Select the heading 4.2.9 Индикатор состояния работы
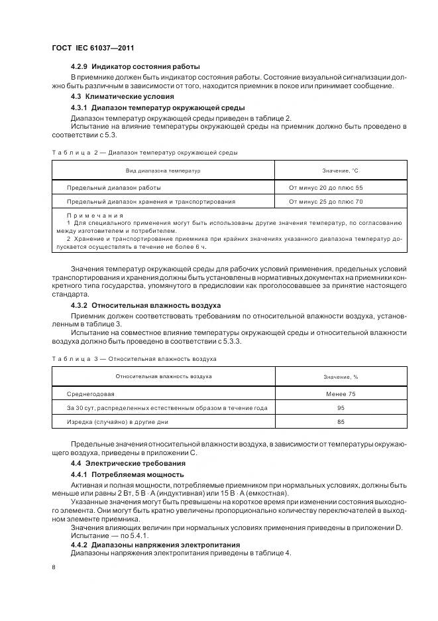click(x=135, y=67)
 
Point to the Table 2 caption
click(x=144, y=153)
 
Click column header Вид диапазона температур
click(x=163, y=171)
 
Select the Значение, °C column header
click(x=340, y=171)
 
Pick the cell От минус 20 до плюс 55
click(x=325, y=188)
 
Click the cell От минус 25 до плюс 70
click(x=325, y=201)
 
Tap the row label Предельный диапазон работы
click(x=113, y=188)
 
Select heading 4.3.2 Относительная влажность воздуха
click(x=151, y=305)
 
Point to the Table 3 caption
click(x=134, y=359)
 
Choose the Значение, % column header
click(x=341, y=377)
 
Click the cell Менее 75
click(x=341, y=394)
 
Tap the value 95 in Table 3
click(x=341, y=407)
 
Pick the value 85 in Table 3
click(x=341, y=421)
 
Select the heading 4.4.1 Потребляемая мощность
click(x=127, y=475)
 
